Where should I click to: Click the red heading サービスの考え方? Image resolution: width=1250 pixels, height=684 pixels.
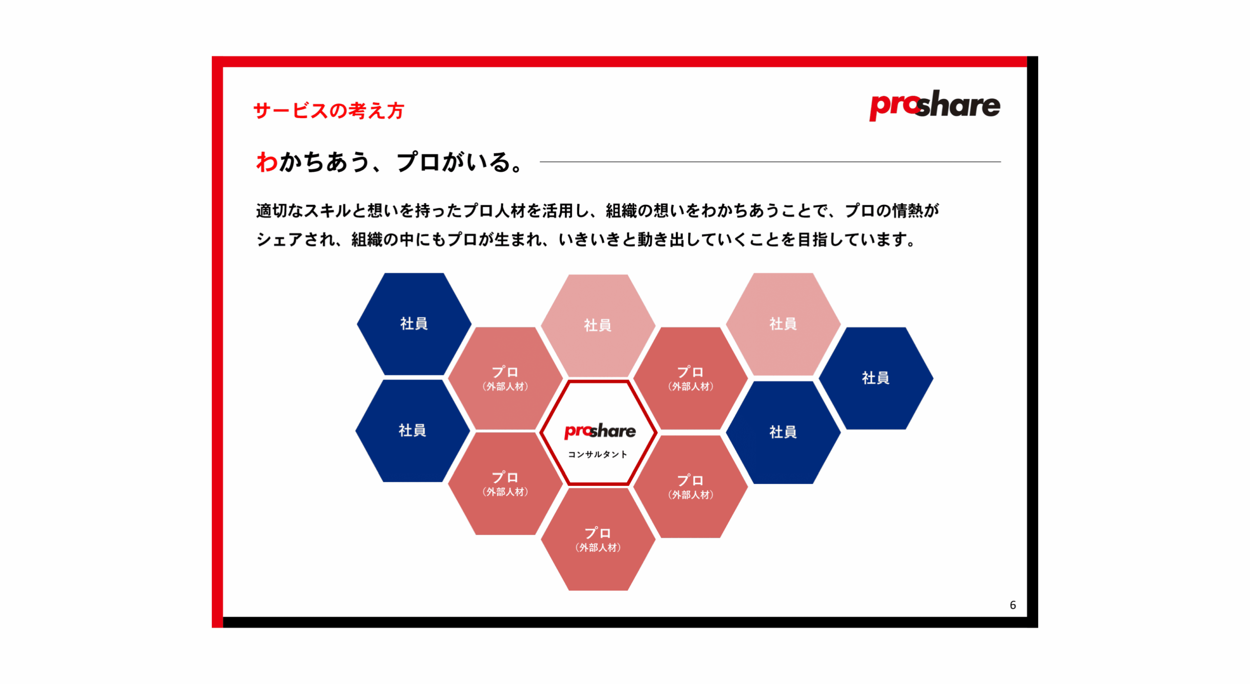coord(329,111)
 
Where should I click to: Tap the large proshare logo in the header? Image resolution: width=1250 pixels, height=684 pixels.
coord(934,105)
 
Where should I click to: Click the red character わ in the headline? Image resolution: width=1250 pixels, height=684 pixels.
coord(267,162)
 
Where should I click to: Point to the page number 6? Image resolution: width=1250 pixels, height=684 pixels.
coord(1012,605)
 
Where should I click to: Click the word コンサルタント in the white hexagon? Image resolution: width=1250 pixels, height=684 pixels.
coord(597,454)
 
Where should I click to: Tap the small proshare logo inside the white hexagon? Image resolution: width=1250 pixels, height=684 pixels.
coord(600,431)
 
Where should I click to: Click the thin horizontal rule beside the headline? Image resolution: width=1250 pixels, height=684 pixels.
coord(770,162)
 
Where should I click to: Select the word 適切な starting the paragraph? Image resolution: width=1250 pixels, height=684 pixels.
coord(280,210)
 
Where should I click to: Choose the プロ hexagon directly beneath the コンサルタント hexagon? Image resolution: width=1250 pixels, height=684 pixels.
coord(598,539)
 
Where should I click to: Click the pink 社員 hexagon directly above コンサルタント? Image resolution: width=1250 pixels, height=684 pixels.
coord(598,325)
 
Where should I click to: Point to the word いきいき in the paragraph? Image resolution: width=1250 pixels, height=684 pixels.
coord(589,239)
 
